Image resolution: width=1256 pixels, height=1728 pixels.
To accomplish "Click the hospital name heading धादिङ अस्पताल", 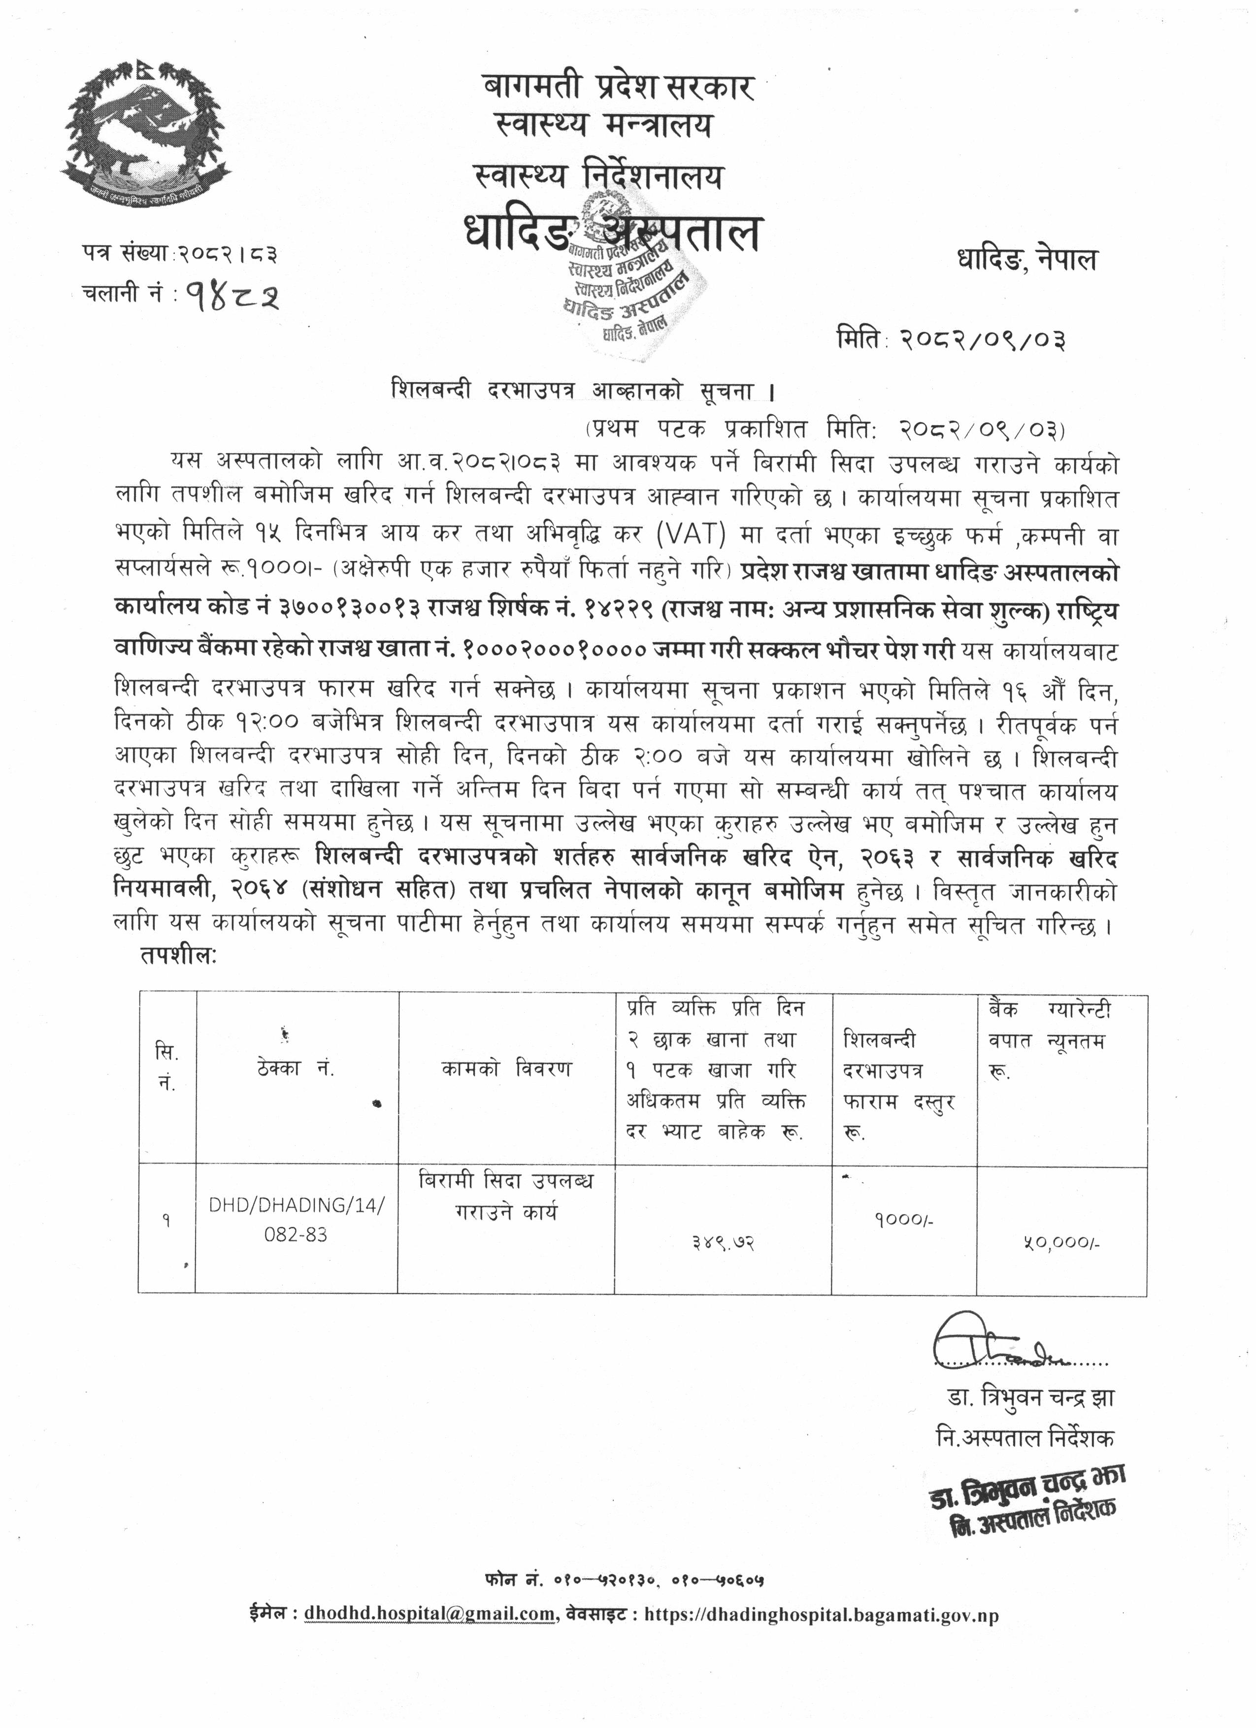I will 613,233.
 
